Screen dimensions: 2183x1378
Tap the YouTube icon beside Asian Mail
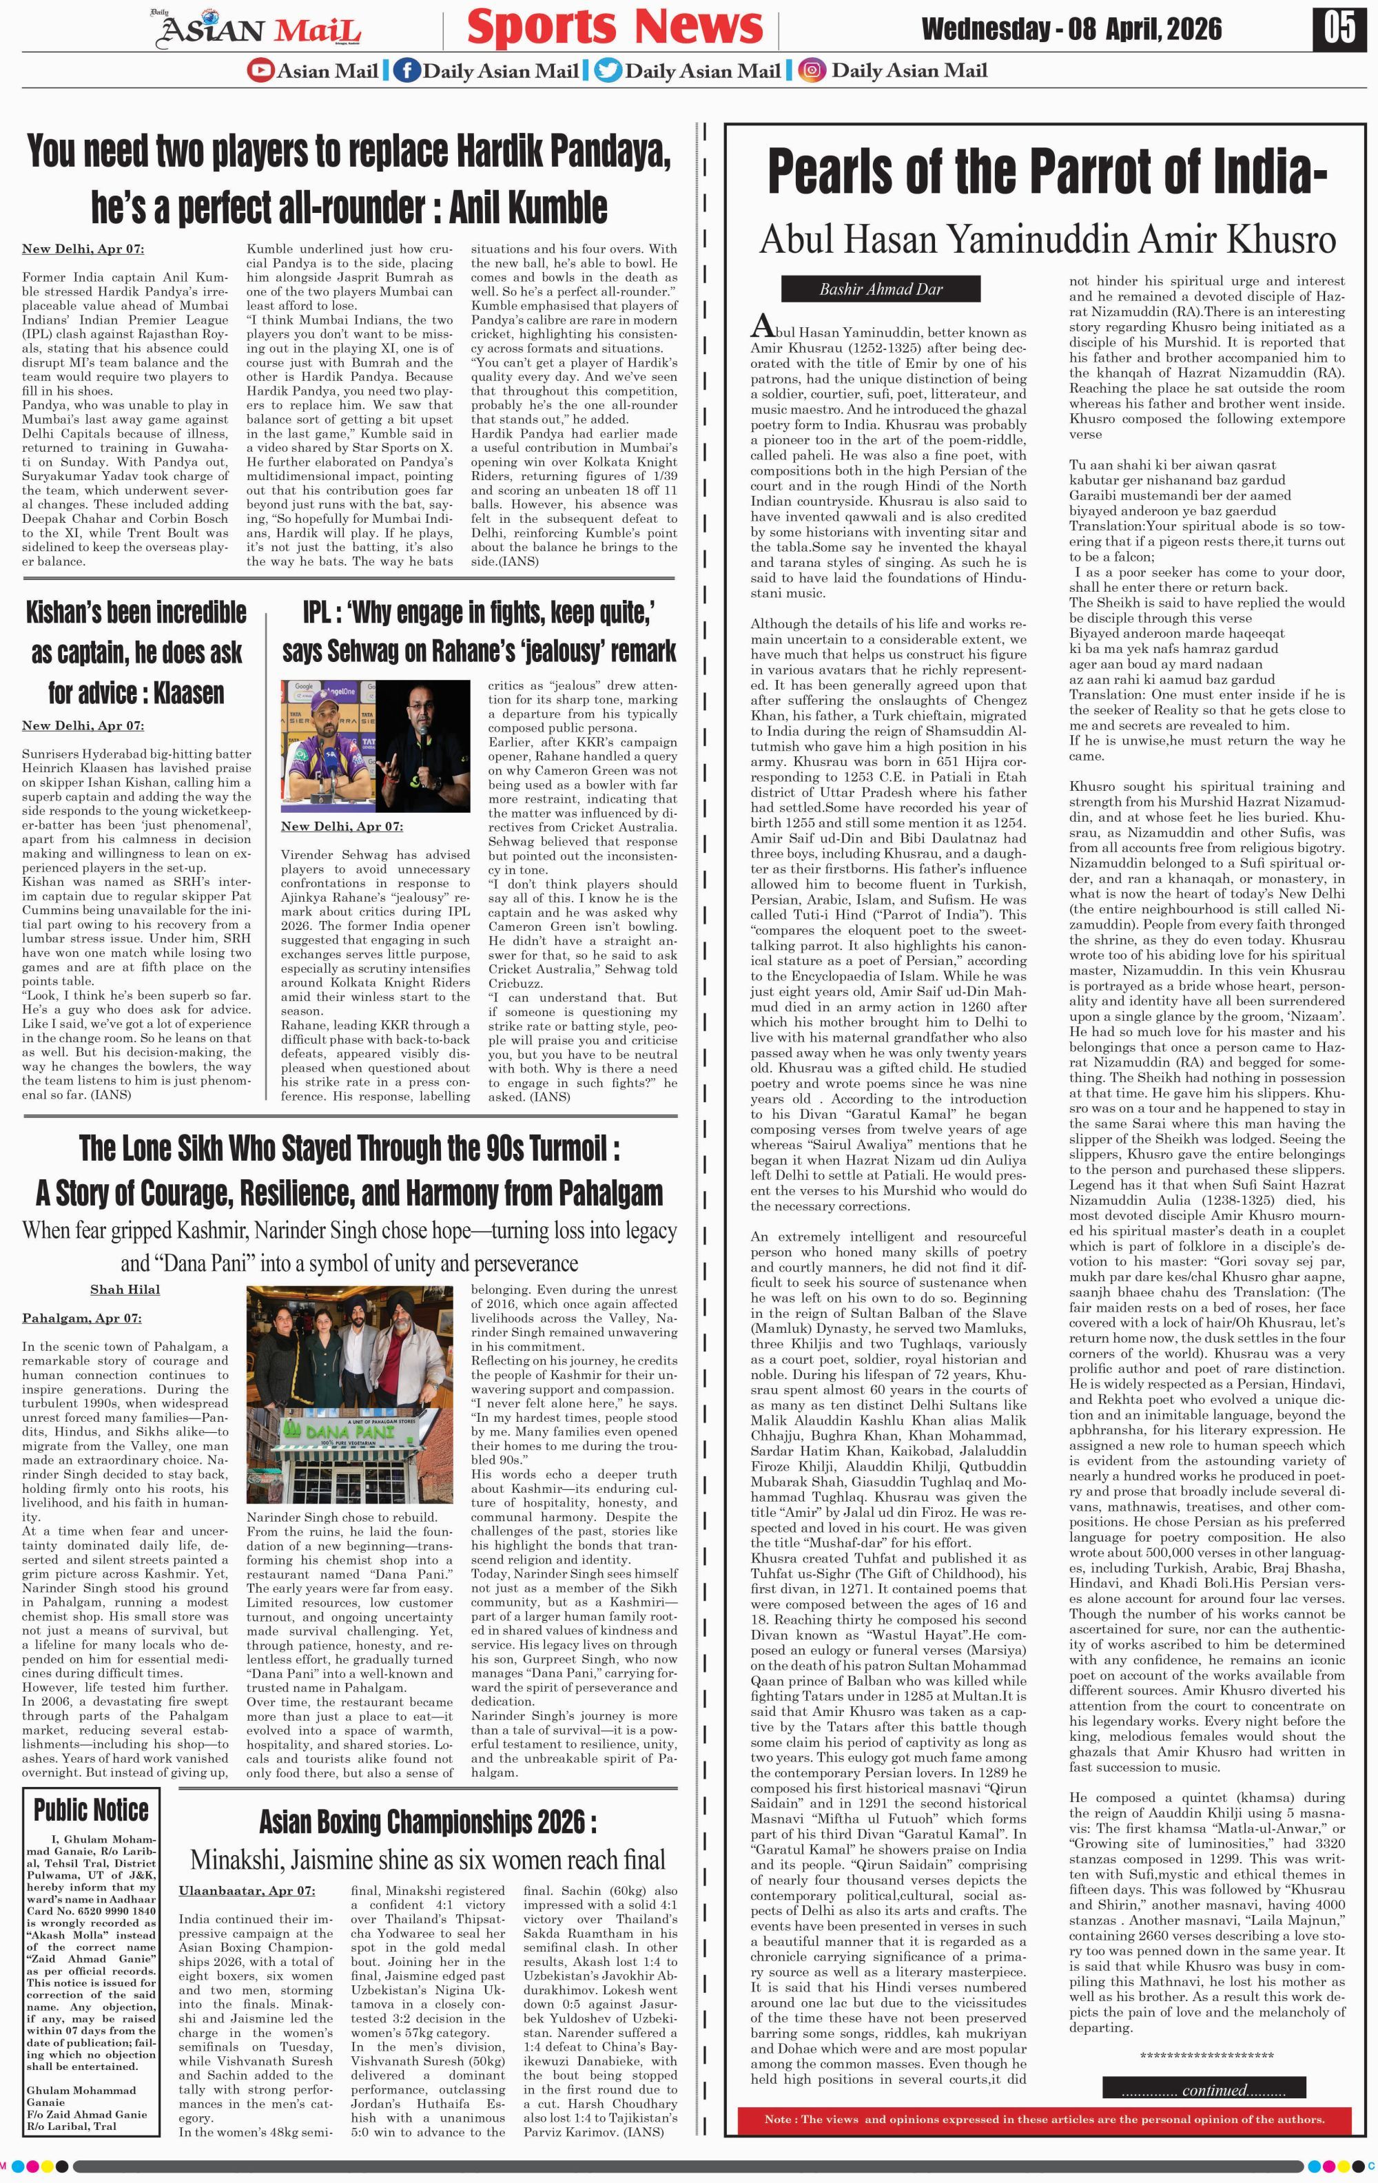pyautogui.click(x=260, y=70)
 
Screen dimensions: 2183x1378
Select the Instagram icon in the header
pyautogui.click(x=812, y=70)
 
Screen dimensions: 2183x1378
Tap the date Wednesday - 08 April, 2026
pyautogui.click(x=1071, y=30)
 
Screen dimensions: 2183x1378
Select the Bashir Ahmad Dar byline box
pyautogui.click(x=881, y=289)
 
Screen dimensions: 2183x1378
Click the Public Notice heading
pyautogui.click(x=91, y=1810)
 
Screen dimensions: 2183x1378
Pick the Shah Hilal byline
pyautogui.click(x=125, y=1289)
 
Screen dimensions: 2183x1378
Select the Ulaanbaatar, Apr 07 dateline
pyautogui.click(x=247, y=1890)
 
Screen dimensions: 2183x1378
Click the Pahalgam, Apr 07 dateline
pyautogui.click(x=81, y=1317)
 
